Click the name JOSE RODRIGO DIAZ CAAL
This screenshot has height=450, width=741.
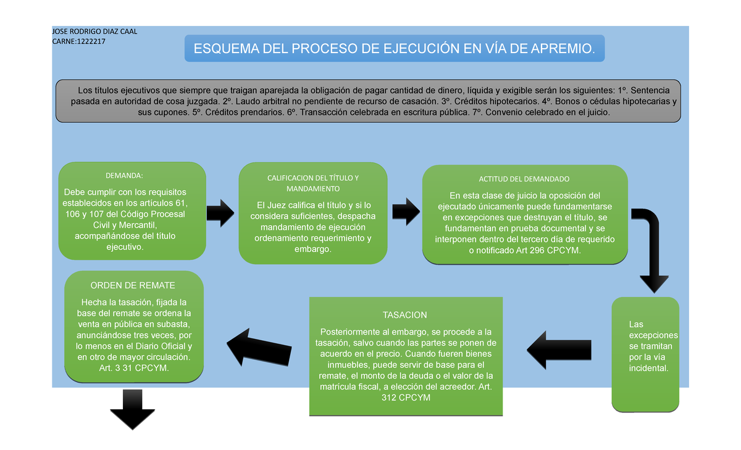(x=95, y=32)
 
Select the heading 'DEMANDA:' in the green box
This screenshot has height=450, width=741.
(x=123, y=176)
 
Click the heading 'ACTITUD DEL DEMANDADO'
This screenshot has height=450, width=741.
(x=524, y=179)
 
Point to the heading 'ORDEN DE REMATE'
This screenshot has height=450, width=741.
(x=133, y=286)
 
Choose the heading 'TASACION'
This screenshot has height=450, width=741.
(x=404, y=315)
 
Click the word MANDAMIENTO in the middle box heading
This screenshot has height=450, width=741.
(x=312, y=188)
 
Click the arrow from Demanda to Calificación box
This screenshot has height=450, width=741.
(x=220, y=212)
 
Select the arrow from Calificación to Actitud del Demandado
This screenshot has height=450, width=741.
(x=405, y=212)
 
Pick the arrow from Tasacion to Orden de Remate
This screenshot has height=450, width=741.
(x=259, y=345)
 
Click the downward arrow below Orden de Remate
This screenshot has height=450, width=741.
(x=132, y=409)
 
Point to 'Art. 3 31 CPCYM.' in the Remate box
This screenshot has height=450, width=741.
(x=133, y=368)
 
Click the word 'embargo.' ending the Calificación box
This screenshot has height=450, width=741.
(x=313, y=249)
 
